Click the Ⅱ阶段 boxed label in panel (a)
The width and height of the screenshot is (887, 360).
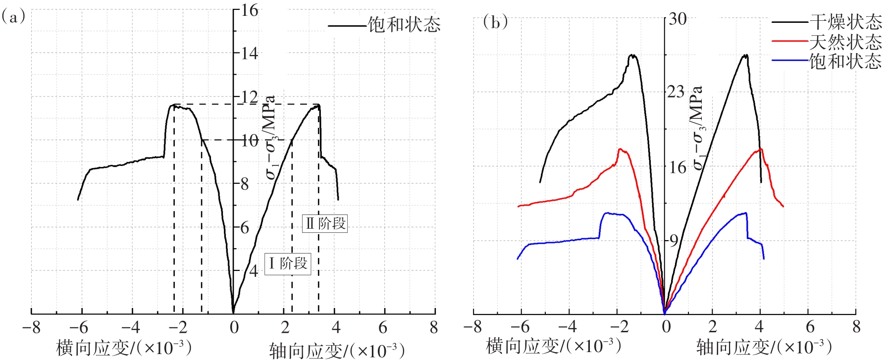(325, 223)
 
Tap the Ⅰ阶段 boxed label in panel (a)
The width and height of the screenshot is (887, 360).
(288, 263)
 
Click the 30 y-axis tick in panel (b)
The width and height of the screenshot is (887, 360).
(678, 19)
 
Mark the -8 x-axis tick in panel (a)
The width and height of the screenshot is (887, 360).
(31, 327)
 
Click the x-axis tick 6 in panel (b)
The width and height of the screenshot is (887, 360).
(809, 326)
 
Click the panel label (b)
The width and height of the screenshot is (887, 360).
(495, 22)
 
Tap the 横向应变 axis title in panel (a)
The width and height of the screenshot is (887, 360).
(124, 347)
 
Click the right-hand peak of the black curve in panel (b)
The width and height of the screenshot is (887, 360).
(745, 55)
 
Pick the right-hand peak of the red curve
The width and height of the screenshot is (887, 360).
(760, 149)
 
